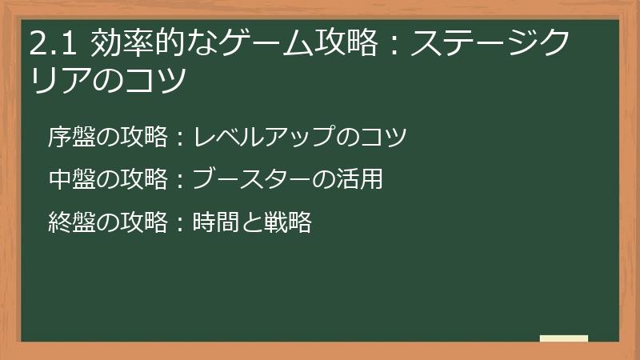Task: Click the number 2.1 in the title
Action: click(54, 44)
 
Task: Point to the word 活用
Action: click(364, 179)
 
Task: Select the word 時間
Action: click(214, 222)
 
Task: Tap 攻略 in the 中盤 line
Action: click(144, 179)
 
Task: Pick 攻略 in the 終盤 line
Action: click(144, 222)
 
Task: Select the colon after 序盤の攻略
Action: click(180, 138)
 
